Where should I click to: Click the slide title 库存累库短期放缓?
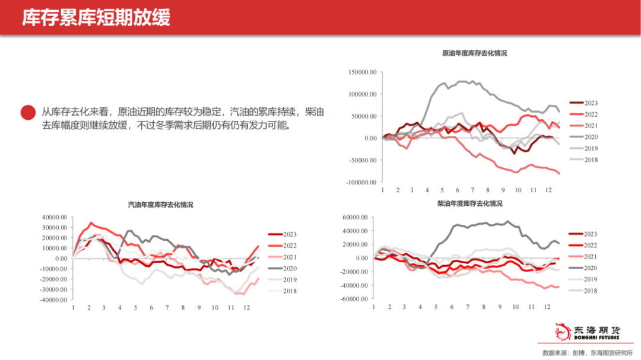coord(96,18)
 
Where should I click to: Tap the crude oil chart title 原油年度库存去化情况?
coord(474,53)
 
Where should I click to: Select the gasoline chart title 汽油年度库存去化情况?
coord(161,205)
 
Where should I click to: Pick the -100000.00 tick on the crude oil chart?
coord(361,182)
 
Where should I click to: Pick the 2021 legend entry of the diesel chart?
coord(591,257)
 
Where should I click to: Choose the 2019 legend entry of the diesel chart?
coord(591,279)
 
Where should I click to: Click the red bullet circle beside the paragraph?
coord(28,113)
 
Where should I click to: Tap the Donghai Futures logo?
coord(588,332)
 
